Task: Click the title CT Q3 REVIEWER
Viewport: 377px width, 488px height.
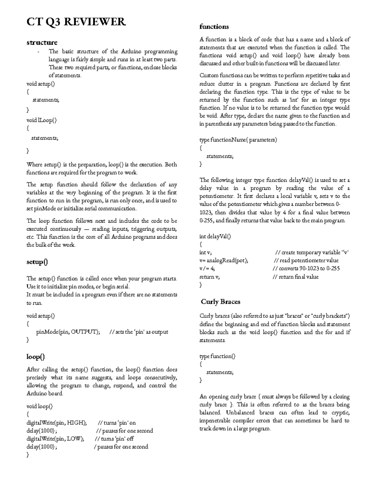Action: click(76, 22)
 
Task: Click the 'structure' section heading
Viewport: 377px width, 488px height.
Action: click(42, 42)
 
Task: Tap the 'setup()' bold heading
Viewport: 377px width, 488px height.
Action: click(37, 262)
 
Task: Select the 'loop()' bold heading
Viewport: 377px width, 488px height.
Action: click(36, 357)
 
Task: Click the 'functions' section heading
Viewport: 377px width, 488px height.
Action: click(214, 27)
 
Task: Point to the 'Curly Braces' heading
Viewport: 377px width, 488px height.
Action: click(221, 302)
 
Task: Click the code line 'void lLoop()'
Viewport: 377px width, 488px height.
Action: click(41, 120)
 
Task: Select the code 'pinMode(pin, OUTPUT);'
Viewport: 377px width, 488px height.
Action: click(68, 332)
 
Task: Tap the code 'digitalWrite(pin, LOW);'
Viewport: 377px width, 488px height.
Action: click(55, 439)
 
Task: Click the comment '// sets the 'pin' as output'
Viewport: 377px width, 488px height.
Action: click(139, 332)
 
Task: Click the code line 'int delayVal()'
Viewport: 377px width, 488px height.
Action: click(215, 237)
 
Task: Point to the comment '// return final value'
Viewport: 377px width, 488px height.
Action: click(295, 277)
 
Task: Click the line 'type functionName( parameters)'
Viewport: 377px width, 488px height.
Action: click(238, 140)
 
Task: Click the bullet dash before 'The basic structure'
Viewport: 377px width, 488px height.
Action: click(38, 52)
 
